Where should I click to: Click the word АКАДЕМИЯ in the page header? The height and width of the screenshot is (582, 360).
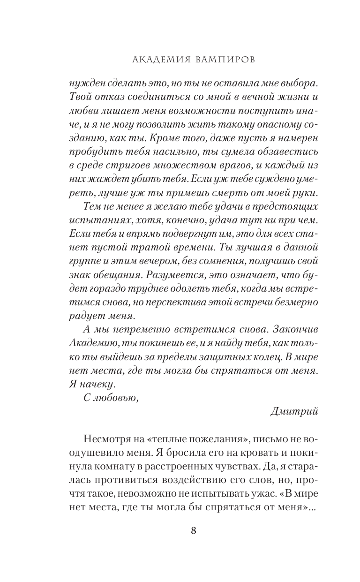click(156, 60)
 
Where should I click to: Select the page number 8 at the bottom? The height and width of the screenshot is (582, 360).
click(193, 531)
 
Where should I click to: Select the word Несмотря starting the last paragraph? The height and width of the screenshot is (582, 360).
click(104, 439)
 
